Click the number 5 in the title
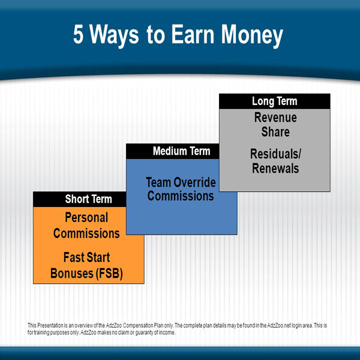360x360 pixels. (x=78, y=34)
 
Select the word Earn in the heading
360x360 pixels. (x=193, y=34)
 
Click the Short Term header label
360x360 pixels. (x=88, y=199)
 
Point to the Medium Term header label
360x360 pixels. (x=181, y=151)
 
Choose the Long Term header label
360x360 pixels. (x=275, y=101)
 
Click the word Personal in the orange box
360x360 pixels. (x=86, y=217)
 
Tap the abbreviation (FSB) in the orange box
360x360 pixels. (x=109, y=274)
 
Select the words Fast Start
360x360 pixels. (x=86, y=257)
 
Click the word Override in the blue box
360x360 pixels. (x=194, y=182)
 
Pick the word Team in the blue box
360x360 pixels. (x=158, y=182)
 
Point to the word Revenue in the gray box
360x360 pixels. (x=275, y=118)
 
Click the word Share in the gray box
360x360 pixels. (x=275, y=132)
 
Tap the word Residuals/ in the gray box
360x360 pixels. (x=275, y=154)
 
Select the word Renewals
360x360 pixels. (x=275, y=168)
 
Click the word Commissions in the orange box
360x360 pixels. (x=86, y=233)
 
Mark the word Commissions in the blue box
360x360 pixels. (x=181, y=196)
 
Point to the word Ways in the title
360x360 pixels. (x=114, y=36)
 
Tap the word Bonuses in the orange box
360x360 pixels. (x=71, y=274)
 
